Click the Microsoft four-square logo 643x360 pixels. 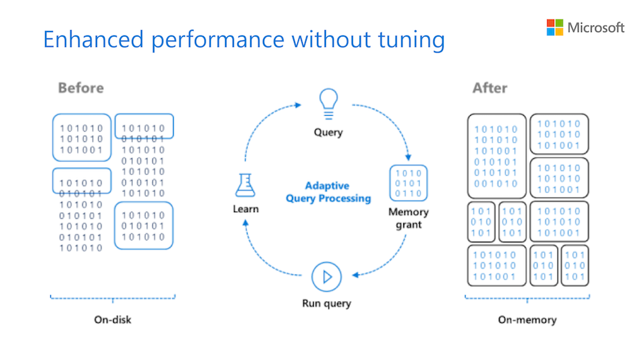click(555, 27)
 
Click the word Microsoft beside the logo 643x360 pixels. click(596, 28)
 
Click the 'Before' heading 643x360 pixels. click(80, 88)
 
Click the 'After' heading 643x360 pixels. click(490, 88)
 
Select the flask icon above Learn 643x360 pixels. click(245, 185)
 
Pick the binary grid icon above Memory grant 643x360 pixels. click(408, 184)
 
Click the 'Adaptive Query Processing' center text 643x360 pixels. click(328, 192)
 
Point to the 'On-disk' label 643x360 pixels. click(113, 319)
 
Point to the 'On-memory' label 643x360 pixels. click(527, 319)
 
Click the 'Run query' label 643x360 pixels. click(327, 303)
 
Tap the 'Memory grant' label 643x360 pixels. click(408, 218)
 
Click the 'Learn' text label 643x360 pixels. click(246, 209)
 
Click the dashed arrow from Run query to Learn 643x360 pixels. click(264, 257)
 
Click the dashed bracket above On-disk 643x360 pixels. click(113, 298)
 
